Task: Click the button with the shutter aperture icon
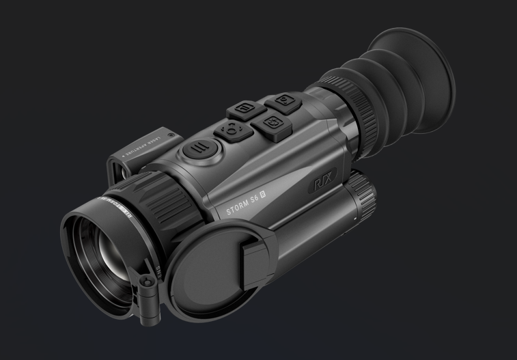[270, 122]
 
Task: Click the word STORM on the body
[238, 208]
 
